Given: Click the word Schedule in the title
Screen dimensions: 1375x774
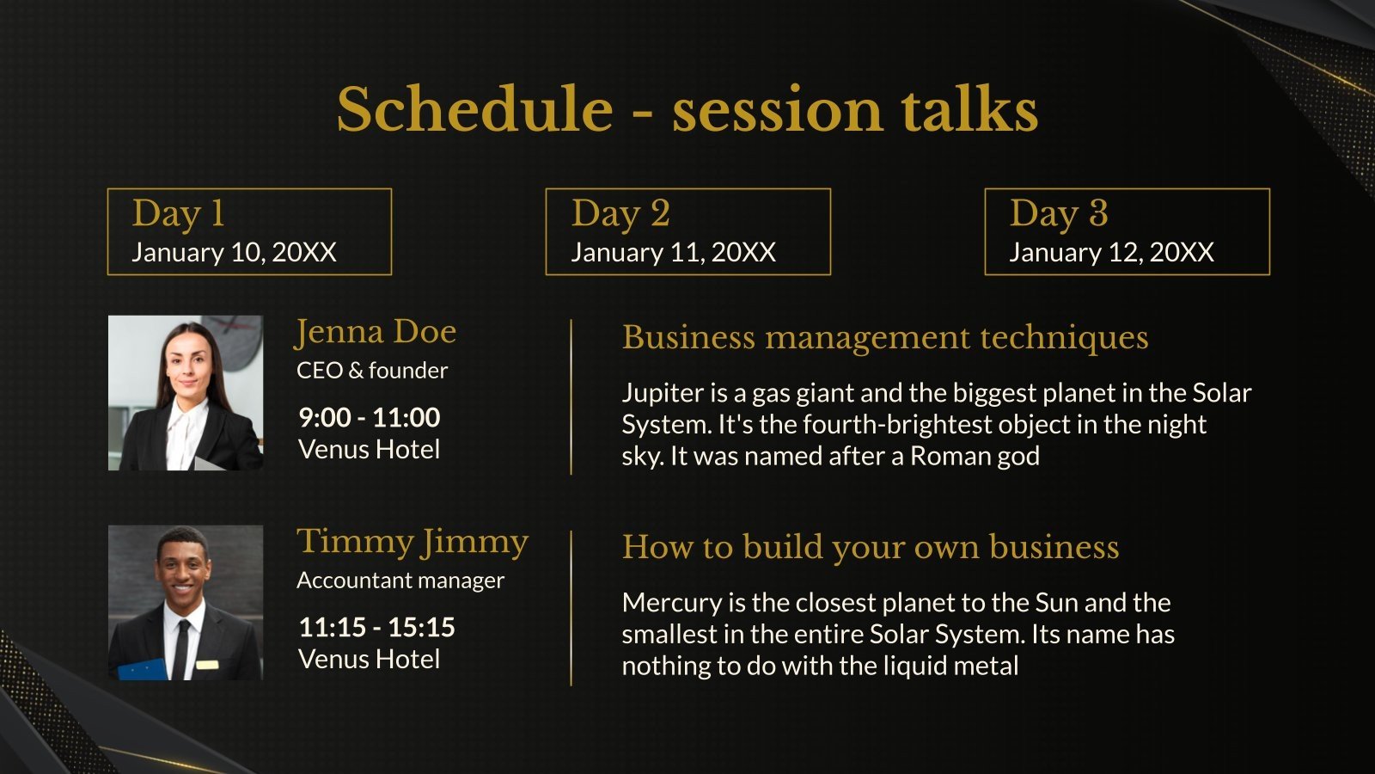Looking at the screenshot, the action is click(474, 109).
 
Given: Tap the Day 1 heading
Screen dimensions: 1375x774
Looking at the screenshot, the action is click(178, 214).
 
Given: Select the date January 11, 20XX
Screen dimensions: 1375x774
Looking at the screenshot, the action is click(674, 253).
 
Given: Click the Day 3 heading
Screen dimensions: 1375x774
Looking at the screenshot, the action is click(1059, 214).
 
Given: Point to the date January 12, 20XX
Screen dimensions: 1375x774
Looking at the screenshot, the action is click(1112, 253).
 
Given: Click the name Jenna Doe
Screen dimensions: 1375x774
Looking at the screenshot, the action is click(376, 332).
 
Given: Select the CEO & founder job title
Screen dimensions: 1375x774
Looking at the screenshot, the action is click(372, 371).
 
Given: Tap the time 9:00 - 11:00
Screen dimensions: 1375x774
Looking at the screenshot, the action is click(370, 417).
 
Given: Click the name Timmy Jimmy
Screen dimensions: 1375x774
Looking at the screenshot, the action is click(412, 543).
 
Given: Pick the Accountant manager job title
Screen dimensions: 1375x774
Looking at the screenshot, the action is click(400, 580).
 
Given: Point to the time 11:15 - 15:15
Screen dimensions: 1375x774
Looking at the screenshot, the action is click(377, 627).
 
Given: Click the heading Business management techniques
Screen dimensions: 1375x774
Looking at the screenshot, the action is click(885, 339).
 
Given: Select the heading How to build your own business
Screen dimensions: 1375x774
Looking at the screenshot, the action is click(871, 548).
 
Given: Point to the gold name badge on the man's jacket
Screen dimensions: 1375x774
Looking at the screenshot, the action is click(207, 665).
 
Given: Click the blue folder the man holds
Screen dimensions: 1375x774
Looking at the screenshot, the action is click(143, 670).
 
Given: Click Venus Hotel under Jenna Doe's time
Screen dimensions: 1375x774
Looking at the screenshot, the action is click(369, 450).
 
